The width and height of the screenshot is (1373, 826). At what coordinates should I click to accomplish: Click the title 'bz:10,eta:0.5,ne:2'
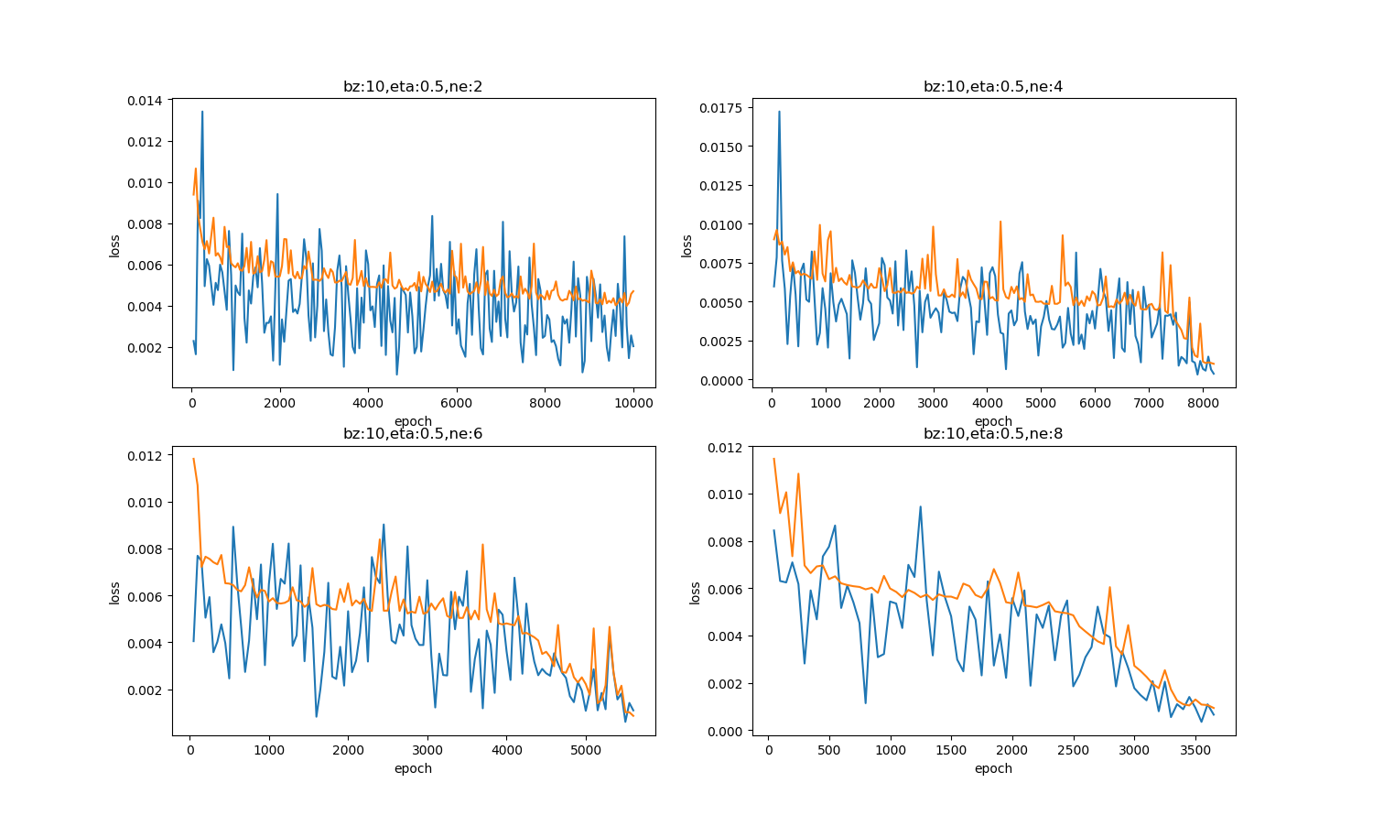[413, 87]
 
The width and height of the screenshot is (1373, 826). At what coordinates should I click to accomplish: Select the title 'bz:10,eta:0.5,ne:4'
[993, 87]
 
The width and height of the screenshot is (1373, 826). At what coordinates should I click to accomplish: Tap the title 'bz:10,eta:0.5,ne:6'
[413, 434]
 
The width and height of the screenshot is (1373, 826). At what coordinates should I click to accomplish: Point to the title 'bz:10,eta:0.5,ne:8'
[993, 434]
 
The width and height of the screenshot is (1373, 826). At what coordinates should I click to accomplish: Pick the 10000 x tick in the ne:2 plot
[633, 403]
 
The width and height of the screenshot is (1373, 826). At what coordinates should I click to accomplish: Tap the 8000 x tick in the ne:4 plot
[1202, 403]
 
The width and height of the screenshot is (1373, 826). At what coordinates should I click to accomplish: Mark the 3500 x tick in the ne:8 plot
[1195, 750]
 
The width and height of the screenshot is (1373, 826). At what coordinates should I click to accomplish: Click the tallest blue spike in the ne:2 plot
[202, 112]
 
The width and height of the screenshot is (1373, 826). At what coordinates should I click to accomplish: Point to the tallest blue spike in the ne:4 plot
[779, 112]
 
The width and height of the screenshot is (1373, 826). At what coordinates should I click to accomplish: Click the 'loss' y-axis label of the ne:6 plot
[115, 592]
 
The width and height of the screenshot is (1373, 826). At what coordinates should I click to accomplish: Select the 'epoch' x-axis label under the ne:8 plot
[993, 768]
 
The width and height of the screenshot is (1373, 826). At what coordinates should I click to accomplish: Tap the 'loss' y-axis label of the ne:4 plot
[687, 245]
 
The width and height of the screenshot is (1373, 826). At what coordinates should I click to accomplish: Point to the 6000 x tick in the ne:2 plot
[457, 403]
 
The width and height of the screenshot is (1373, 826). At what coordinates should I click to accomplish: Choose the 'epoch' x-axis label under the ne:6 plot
[413, 768]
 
